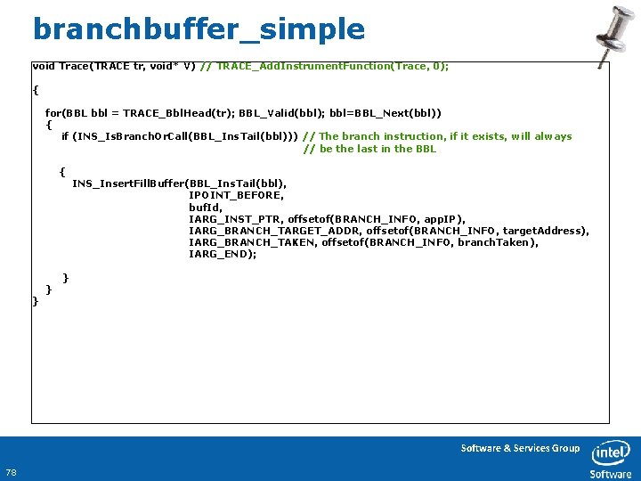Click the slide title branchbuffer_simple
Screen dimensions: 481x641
click(x=199, y=29)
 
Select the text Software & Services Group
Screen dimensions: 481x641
click(x=520, y=448)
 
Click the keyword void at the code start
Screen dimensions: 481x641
click(x=43, y=66)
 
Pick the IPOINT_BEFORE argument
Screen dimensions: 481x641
click(x=236, y=195)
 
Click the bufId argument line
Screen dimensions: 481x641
click(x=204, y=207)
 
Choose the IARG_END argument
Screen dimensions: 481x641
click(x=223, y=254)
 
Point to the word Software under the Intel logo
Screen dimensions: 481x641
click(x=611, y=474)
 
